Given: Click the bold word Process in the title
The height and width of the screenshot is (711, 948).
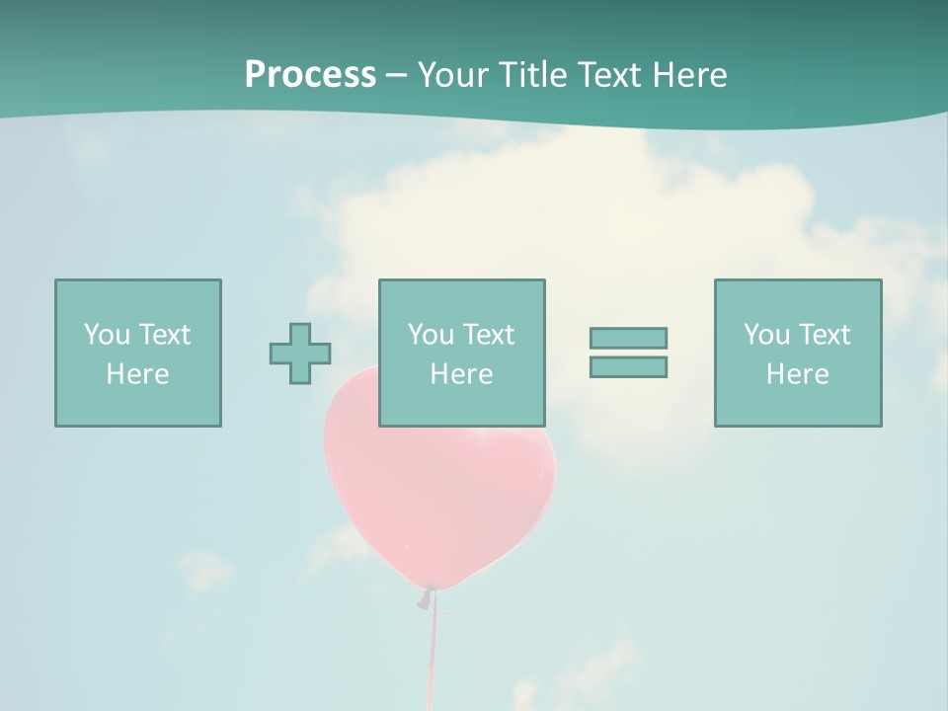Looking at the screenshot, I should coord(310,75).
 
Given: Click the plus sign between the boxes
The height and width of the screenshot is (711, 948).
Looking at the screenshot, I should coord(300,354).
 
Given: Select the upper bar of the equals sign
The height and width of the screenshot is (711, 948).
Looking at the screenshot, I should coord(628,338).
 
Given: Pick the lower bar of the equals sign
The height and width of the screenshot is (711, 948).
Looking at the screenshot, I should coord(628,366).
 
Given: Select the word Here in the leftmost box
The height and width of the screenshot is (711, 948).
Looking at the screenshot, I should coord(138,374).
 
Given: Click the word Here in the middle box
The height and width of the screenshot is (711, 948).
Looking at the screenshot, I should coord(462,374).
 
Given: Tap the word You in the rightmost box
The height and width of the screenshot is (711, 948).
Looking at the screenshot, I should coord(767,335).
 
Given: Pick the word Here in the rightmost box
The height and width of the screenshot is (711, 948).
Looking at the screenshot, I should coord(798,374).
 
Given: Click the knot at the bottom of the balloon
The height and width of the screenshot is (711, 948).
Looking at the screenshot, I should coord(427,596).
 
